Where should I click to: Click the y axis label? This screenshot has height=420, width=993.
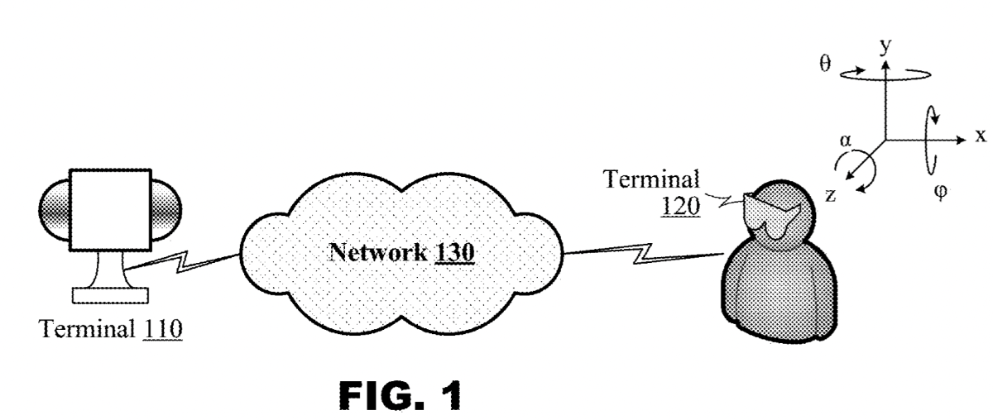pos(886,46)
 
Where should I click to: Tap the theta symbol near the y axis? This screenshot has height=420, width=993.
pos(824,64)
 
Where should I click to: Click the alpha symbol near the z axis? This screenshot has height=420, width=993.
pos(845,141)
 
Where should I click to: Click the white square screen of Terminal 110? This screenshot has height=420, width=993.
pos(110,210)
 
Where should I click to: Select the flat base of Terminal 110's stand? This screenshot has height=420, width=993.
pos(110,294)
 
